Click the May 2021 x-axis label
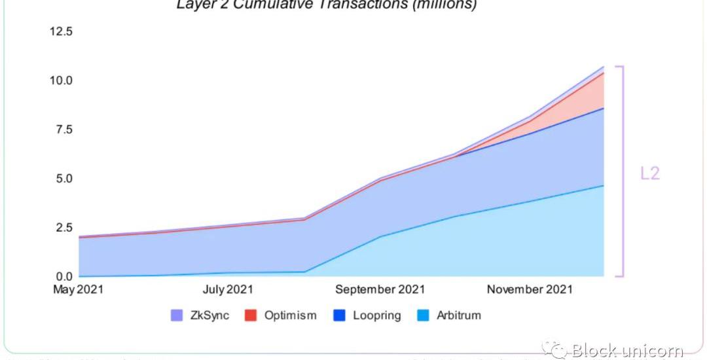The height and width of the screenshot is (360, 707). [78, 289]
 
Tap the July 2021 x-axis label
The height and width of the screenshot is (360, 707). [227, 289]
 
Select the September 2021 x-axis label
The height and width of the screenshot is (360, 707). [379, 289]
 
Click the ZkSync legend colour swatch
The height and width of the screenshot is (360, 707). [177, 315]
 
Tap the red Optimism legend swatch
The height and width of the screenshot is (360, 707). [249, 315]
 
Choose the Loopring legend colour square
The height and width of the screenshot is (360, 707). [338, 315]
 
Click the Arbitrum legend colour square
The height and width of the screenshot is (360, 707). [424, 315]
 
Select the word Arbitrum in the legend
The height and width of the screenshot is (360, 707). [458, 315]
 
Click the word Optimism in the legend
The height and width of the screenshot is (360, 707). [290, 315]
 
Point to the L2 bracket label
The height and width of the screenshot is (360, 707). [649, 173]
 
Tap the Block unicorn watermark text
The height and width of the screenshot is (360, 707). [627, 351]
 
